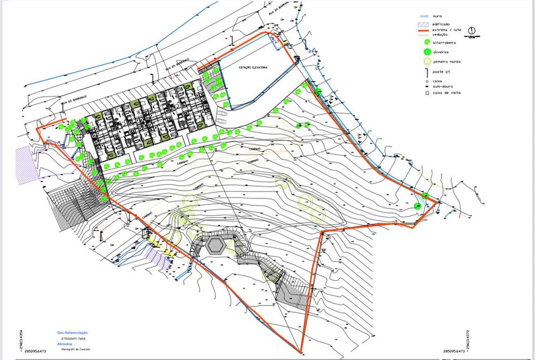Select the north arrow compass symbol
click(x=472, y=31)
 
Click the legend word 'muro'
click(x=438, y=17)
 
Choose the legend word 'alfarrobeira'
click(x=445, y=43)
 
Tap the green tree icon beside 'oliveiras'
click(x=426, y=52)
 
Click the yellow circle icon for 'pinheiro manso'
click(x=426, y=62)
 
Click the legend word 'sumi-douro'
click(x=445, y=86)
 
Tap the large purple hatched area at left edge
click(x=27, y=166)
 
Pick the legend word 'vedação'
click(x=440, y=34)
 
